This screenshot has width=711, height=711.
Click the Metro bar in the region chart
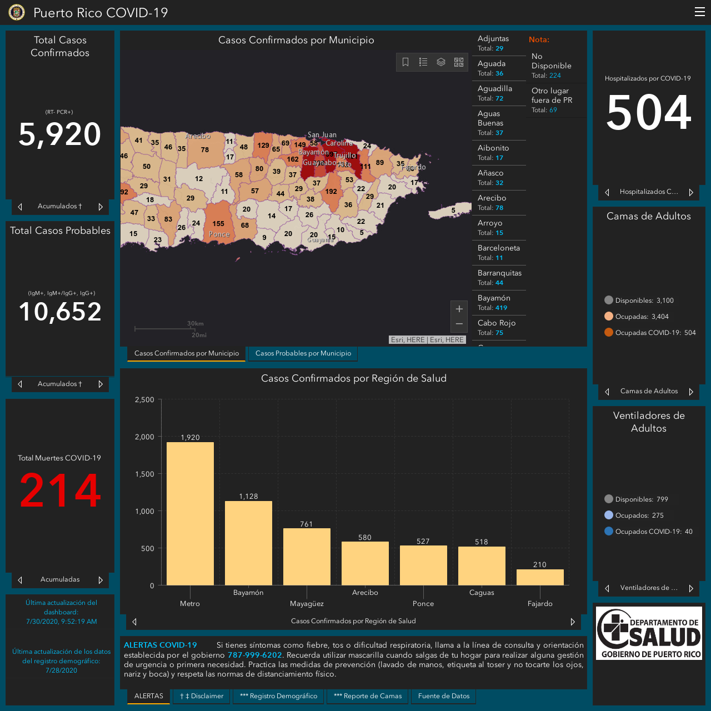[x=190, y=513]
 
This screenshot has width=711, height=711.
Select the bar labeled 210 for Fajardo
[x=540, y=577]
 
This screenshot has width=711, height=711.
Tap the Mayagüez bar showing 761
[x=307, y=557]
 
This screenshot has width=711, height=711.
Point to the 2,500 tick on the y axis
[x=144, y=399]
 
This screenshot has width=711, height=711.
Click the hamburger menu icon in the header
[x=699, y=12]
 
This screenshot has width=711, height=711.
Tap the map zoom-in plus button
[x=459, y=309]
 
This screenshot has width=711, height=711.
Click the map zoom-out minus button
[x=459, y=324]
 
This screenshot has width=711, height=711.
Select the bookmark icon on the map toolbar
[x=405, y=62]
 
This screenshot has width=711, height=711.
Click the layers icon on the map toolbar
[x=441, y=62]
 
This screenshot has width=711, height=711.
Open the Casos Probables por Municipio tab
[x=303, y=353]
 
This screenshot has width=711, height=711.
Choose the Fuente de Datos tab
[x=443, y=696]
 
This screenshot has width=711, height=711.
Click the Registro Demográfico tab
[x=278, y=696]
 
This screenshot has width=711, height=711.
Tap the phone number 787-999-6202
[x=254, y=655]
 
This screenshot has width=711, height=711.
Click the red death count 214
[x=60, y=490]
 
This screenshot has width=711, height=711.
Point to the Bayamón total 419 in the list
[x=501, y=308]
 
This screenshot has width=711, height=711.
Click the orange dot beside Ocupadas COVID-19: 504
[x=608, y=332]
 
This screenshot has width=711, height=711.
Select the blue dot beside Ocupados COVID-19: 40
[x=608, y=532]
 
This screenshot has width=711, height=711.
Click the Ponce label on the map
[x=219, y=234]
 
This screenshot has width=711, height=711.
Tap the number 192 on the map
[x=331, y=192]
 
